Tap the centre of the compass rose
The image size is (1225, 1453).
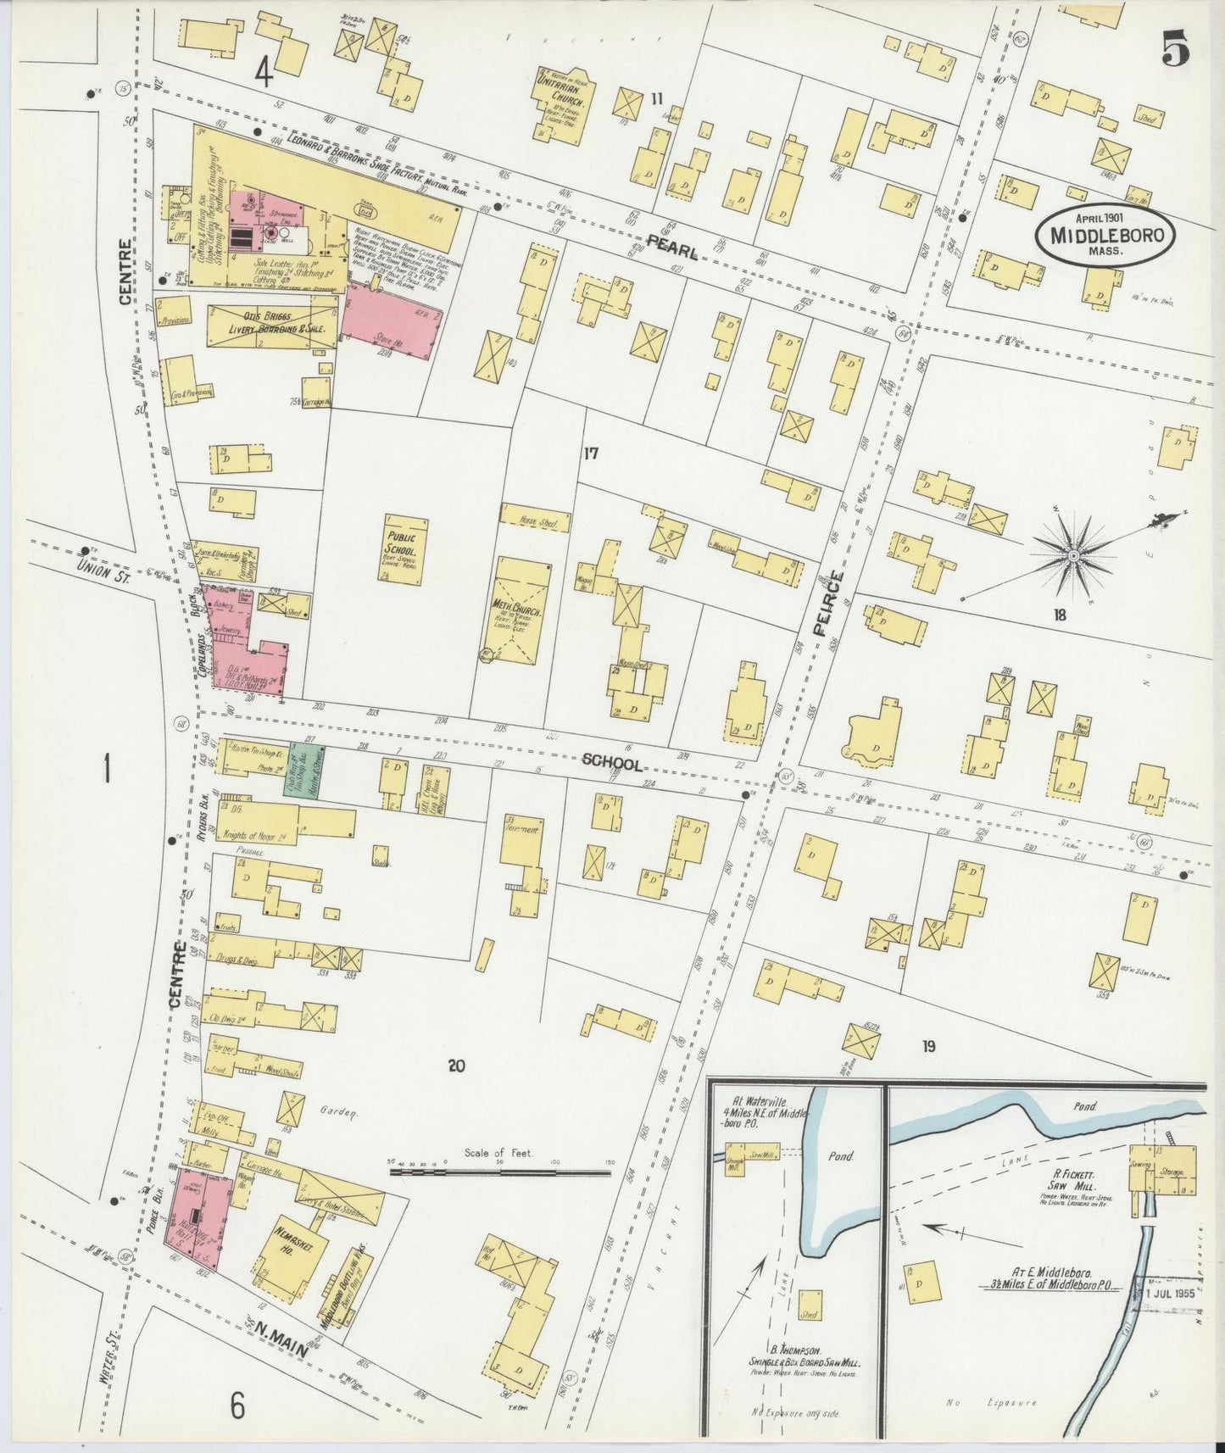[1072, 555]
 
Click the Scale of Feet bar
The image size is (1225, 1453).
[499, 1172]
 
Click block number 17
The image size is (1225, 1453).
[590, 454]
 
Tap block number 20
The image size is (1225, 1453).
[457, 1066]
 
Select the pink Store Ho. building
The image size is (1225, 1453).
[392, 318]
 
